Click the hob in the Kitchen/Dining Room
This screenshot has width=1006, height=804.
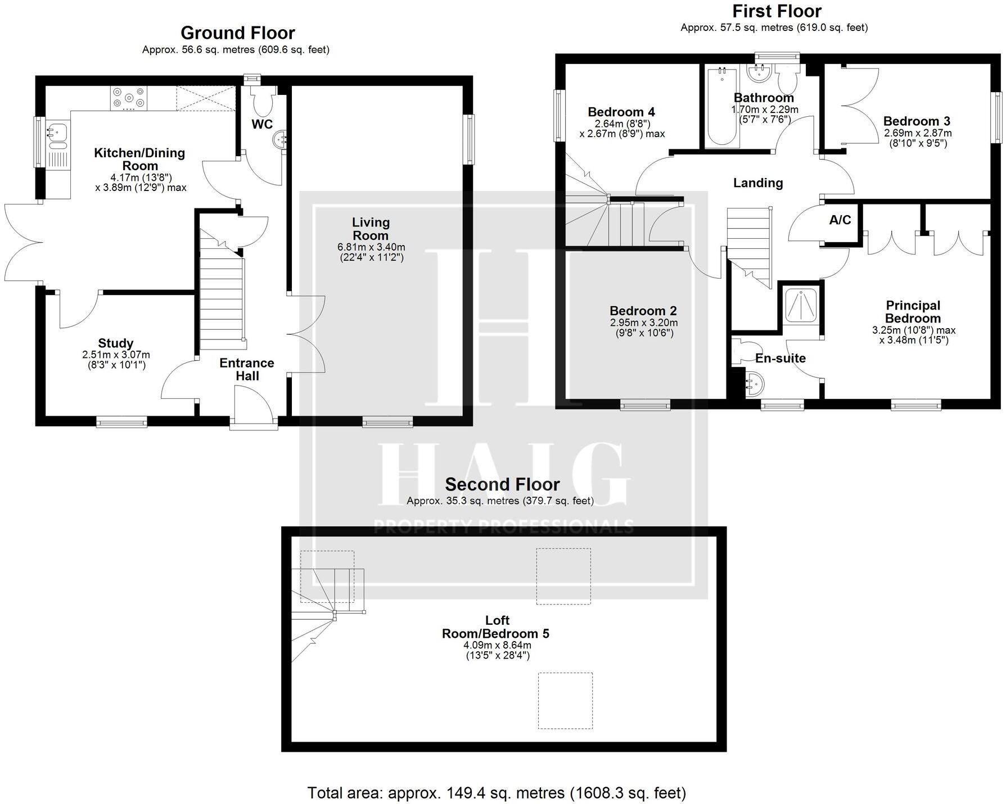pyautogui.click(x=129, y=97)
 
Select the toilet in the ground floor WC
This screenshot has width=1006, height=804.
pyautogui.click(x=263, y=101)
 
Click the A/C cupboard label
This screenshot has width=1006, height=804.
pyautogui.click(x=840, y=220)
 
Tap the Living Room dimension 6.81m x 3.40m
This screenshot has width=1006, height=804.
pyautogui.click(x=371, y=247)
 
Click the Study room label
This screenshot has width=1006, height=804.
pyautogui.click(x=116, y=343)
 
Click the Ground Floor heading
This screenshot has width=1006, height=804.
pyautogui.click(x=238, y=33)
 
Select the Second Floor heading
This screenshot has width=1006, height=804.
pyautogui.click(x=502, y=484)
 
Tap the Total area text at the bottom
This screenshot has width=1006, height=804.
pyautogui.click(x=497, y=793)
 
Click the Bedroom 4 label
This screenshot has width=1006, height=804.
pyautogui.click(x=621, y=112)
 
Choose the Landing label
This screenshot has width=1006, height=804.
pyautogui.click(x=758, y=183)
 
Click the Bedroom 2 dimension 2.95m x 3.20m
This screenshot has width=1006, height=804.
pyautogui.click(x=644, y=323)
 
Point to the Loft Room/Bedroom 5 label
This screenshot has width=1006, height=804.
pyautogui.click(x=496, y=627)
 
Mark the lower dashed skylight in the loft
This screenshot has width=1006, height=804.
pyautogui.click(x=565, y=701)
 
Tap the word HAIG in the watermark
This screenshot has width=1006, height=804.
pyautogui.click(x=502, y=475)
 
